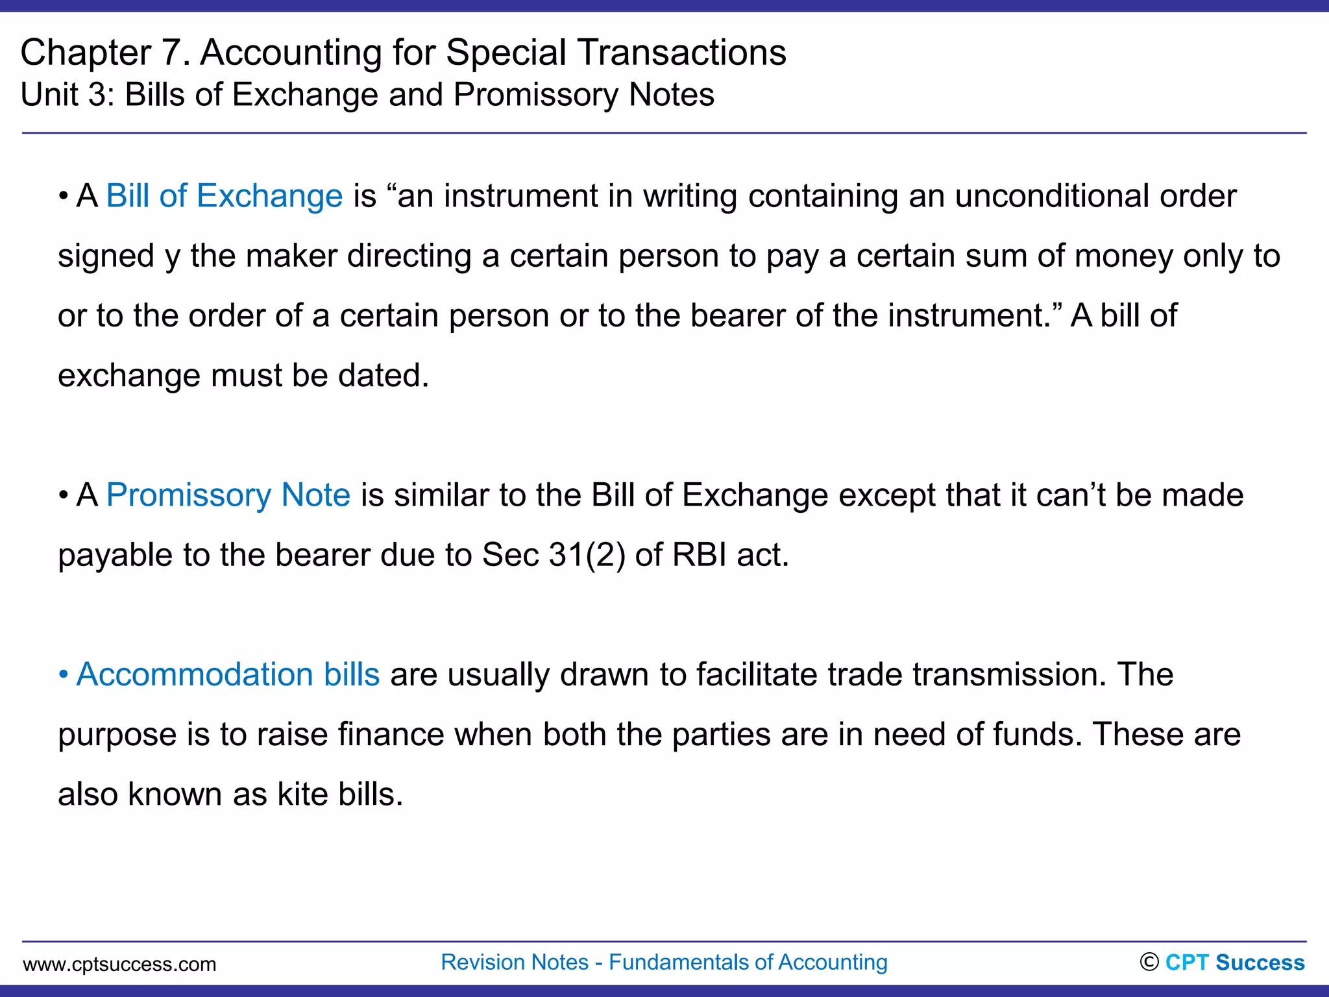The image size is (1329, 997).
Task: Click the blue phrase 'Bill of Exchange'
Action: (224, 196)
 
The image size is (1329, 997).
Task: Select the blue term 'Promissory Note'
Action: (228, 495)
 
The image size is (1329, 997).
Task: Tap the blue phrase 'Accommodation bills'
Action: (228, 674)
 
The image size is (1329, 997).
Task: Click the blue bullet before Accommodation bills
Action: (63, 675)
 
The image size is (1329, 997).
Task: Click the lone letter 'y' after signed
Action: (172, 257)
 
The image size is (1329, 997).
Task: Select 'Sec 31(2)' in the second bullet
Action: (554, 555)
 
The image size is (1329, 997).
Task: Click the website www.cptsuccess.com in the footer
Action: (119, 964)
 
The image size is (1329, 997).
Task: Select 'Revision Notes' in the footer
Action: (515, 962)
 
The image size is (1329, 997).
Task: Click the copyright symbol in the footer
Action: (1149, 962)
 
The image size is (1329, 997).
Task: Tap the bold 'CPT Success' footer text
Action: (1235, 963)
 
